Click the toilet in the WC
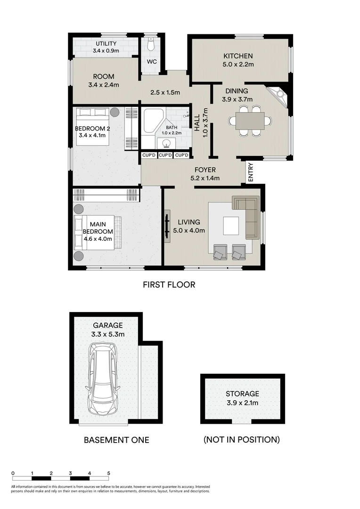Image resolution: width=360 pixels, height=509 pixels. click(150, 45)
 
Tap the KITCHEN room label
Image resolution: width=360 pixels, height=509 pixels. click(238, 56)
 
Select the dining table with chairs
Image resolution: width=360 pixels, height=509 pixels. click(250, 121)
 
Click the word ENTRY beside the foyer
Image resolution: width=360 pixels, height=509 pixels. click(250, 172)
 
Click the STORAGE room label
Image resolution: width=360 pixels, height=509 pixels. click(242, 394)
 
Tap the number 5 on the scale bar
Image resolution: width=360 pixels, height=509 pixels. click(109, 473)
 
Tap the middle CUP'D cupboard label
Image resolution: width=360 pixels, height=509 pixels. click(165, 156)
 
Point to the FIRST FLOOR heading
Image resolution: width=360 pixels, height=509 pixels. click(169, 285)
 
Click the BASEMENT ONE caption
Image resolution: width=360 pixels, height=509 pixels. click(116, 440)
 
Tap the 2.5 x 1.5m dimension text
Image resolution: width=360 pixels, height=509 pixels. click(165, 93)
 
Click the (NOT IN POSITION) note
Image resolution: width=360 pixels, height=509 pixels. click(241, 440)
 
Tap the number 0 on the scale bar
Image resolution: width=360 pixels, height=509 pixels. click(13, 473)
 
